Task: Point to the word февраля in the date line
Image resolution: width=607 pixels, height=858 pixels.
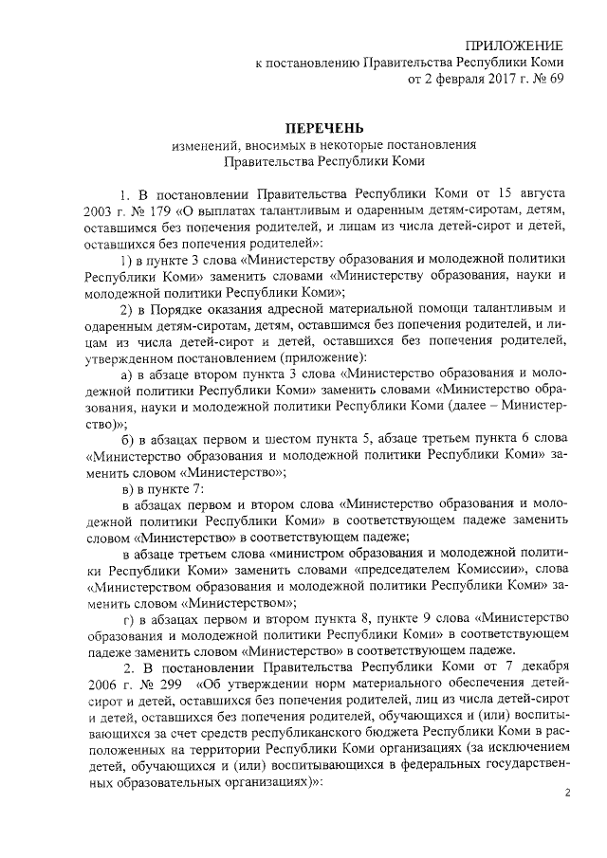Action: [444, 80]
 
